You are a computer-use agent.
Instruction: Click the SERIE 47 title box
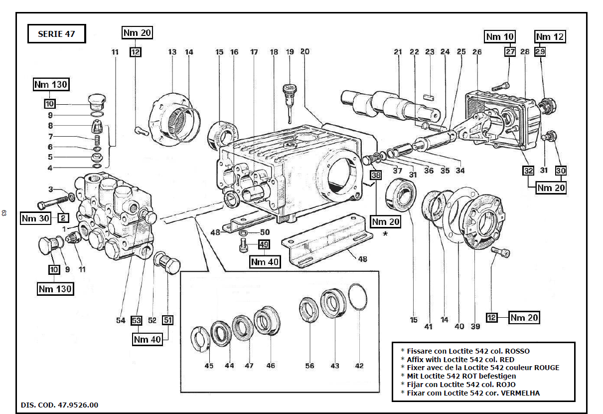55,34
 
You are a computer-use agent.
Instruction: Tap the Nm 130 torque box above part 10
50,85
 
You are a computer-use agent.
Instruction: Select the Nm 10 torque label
500,37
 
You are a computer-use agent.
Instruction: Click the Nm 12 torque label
550,37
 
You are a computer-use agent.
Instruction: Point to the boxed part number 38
375,175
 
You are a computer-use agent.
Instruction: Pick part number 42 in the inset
359,366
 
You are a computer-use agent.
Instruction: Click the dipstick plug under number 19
289,95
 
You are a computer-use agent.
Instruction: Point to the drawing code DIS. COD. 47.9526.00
59,405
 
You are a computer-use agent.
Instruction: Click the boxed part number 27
509,51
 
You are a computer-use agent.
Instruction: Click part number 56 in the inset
310,366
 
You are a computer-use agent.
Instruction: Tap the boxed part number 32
528,171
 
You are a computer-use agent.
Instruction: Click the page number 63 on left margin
4,213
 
